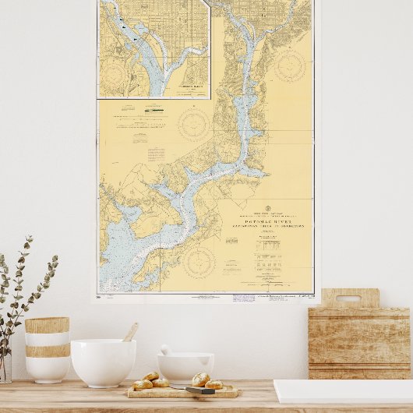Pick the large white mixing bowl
coord(103,362)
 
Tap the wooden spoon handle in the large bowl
coord(130,332)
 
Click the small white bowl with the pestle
coord(185,367)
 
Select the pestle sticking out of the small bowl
coord(167,351)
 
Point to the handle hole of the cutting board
coord(349,298)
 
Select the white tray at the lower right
coord(343,391)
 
